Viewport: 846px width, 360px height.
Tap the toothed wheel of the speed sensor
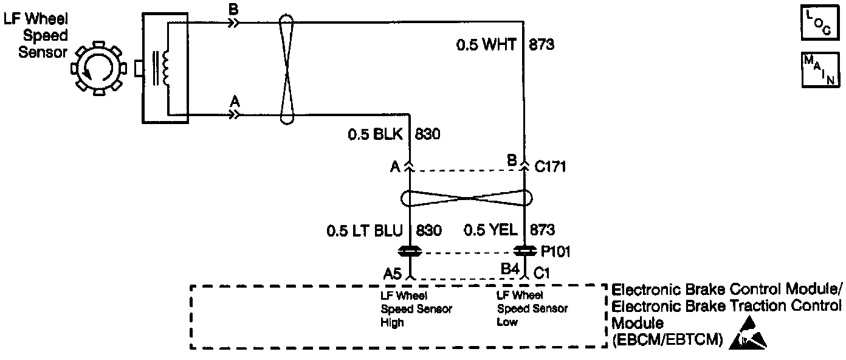click(x=98, y=67)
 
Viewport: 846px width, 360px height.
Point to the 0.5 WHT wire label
click(x=486, y=45)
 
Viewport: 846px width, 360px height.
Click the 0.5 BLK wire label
click(x=375, y=134)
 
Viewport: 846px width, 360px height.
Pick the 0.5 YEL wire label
click(x=490, y=231)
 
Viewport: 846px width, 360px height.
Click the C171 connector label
click(x=550, y=165)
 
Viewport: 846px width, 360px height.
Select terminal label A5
click(x=393, y=274)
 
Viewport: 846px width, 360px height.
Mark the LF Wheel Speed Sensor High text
click(x=416, y=310)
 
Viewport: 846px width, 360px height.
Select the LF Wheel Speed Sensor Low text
click(x=532, y=310)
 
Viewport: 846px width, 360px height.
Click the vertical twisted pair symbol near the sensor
click(x=287, y=67)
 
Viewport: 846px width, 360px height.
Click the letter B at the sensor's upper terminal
click(x=233, y=11)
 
